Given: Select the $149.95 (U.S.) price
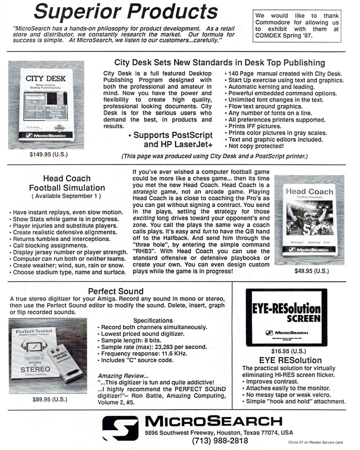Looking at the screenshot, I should point(49,154).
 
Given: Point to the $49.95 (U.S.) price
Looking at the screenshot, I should point(312,271).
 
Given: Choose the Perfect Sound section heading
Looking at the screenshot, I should point(115,290).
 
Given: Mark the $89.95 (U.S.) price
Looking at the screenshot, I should point(49,399).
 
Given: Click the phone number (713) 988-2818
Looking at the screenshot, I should point(220,441).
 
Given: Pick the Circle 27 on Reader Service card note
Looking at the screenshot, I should point(316,442).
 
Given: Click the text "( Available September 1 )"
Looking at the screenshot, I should point(66,196).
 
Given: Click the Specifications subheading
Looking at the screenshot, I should point(153,320).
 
